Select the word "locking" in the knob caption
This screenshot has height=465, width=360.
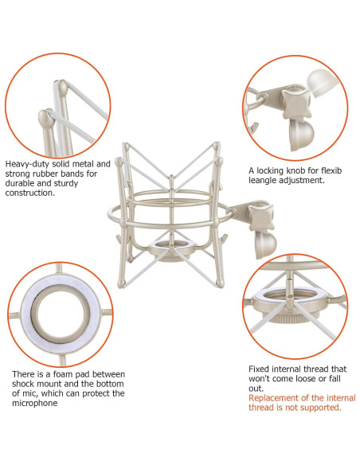[x=274, y=170]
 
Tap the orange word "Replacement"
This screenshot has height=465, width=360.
[x=270, y=397]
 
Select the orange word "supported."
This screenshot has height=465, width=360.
[x=319, y=407]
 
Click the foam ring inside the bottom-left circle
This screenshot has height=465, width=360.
[x=56, y=307]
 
